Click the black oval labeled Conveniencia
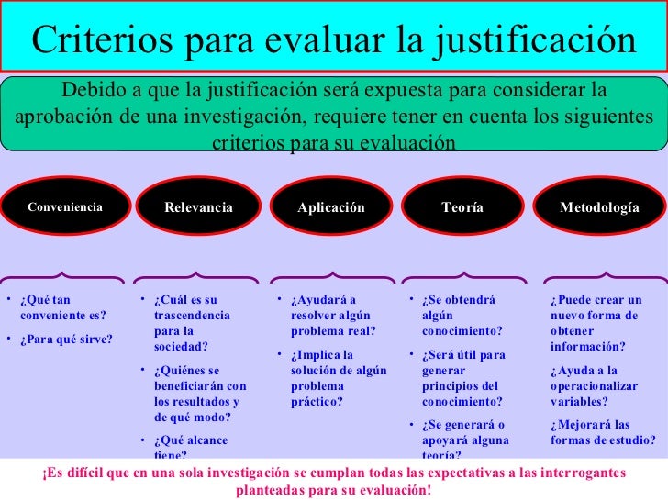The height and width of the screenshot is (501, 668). coord(64,207)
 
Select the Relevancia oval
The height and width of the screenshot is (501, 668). coord(198,207)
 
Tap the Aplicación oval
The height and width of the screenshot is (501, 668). coord(331,207)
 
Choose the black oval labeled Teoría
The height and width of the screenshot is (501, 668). coord(462,207)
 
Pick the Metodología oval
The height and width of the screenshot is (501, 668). coord(599,207)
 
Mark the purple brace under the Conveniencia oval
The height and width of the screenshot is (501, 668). coord(64,276)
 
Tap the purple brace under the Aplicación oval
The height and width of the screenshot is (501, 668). coord(331,276)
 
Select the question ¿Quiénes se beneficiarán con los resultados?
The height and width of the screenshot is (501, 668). coord(195,394)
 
